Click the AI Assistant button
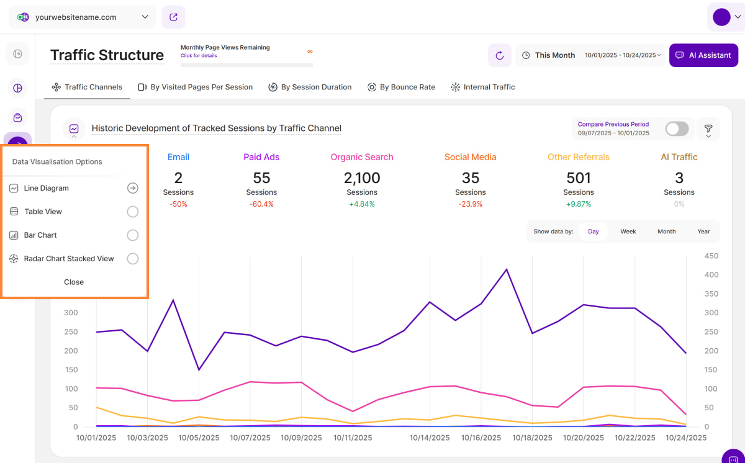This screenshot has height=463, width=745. [703, 55]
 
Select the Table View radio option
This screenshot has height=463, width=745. [132, 212]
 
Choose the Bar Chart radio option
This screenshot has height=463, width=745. [132, 235]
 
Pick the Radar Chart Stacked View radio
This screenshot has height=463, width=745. [132, 259]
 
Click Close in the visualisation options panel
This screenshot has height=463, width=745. [74, 282]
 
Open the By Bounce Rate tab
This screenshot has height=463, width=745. [401, 88]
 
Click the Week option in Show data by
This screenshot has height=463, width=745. [628, 231]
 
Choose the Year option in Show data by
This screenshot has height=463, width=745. [703, 231]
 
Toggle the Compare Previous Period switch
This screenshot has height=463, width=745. [677, 128]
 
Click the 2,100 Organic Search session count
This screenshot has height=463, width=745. [362, 178]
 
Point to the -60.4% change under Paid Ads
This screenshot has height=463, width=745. [261, 204]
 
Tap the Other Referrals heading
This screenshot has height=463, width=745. [579, 157]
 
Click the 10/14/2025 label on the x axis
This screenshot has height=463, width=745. [430, 438]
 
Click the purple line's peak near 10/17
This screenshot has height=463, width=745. [507, 269]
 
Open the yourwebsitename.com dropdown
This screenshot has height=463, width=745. [83, 17]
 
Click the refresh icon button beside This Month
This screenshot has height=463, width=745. [500, 55]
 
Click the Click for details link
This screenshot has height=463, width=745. [199, 56]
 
